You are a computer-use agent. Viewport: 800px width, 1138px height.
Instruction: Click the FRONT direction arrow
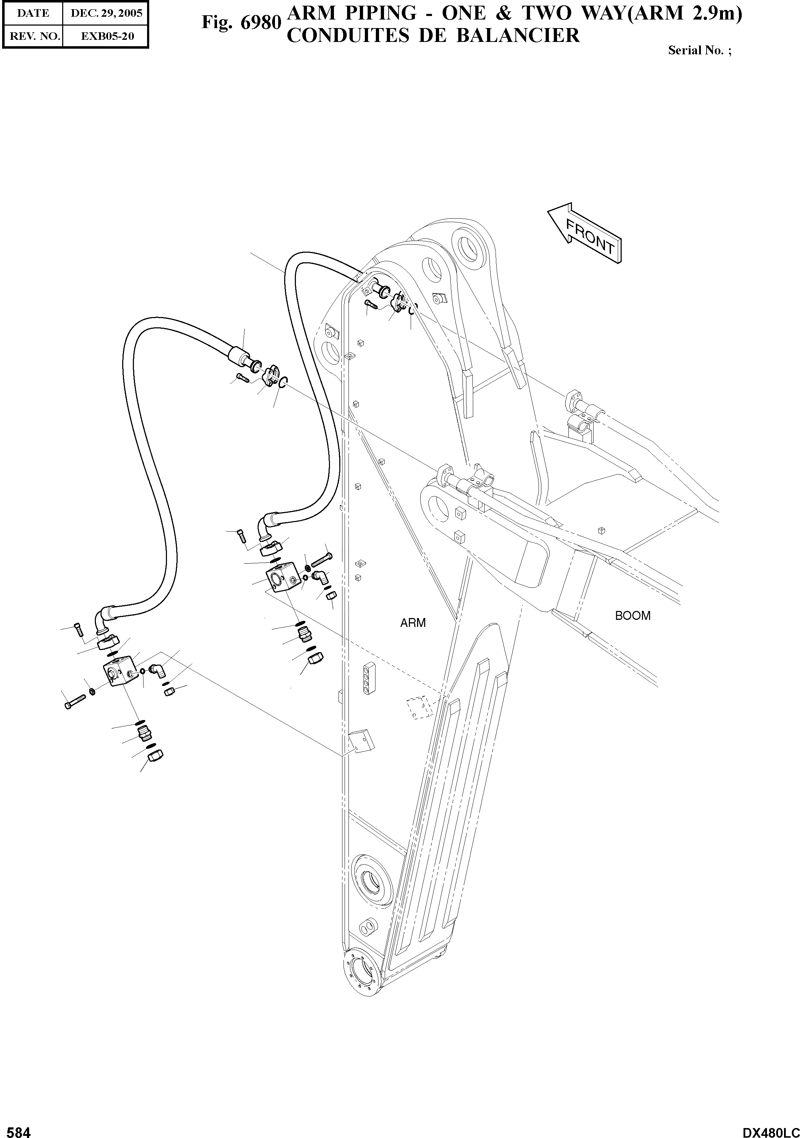tap(584, 233)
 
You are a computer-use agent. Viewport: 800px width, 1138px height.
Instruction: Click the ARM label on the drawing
tap(413, 623)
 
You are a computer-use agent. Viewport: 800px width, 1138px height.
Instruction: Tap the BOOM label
tap(633, 616)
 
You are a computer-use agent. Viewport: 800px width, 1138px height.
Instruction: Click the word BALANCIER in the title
tap(518, 36)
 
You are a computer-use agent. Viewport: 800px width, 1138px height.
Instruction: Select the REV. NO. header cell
tap(33, 36)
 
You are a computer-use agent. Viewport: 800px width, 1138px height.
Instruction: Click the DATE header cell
tap(33, 14)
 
